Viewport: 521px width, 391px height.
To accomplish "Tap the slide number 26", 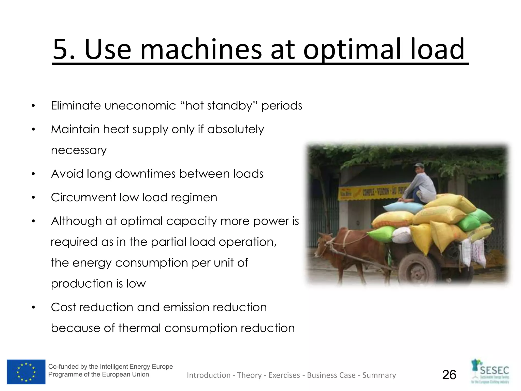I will (449, 375).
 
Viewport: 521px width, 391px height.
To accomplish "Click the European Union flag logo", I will (26, 372).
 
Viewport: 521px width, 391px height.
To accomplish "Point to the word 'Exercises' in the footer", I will (284, 375).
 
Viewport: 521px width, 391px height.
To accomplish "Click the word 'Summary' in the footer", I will (379, 375).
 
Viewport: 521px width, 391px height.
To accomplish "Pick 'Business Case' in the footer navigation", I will (331, 375).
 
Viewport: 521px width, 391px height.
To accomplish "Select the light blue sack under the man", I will (402, 207).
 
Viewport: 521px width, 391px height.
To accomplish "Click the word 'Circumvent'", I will (83, 197).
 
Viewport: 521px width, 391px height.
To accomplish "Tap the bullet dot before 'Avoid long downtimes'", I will (33, 174).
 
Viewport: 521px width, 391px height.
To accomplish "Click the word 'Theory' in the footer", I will (249, 375).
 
